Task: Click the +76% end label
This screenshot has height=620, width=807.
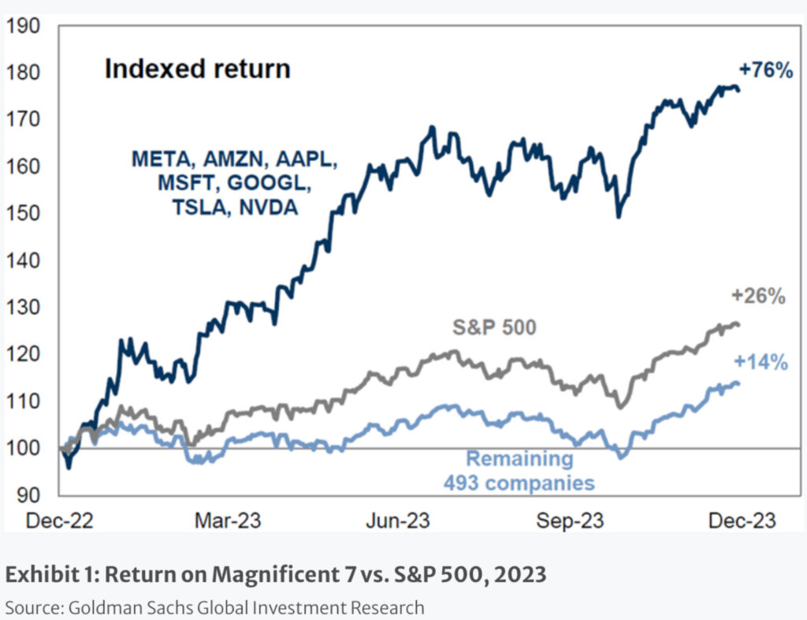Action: (764, 70)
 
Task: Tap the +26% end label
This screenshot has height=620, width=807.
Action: (758, 297)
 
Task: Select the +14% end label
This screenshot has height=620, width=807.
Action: (761, 362)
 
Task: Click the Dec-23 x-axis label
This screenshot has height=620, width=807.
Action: (739, 521)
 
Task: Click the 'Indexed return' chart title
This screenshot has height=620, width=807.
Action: (197, 69)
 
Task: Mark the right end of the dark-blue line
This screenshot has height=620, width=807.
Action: (738, 90)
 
